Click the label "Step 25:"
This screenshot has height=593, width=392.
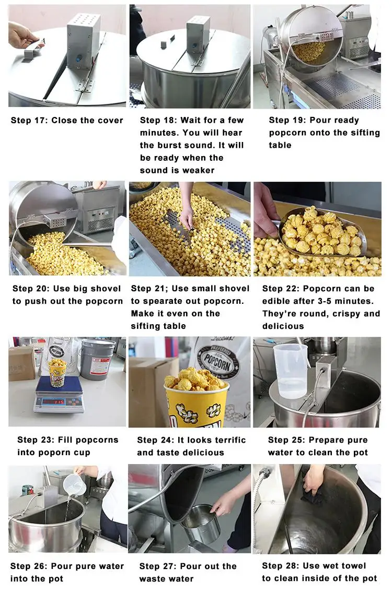tap(286, 440)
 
